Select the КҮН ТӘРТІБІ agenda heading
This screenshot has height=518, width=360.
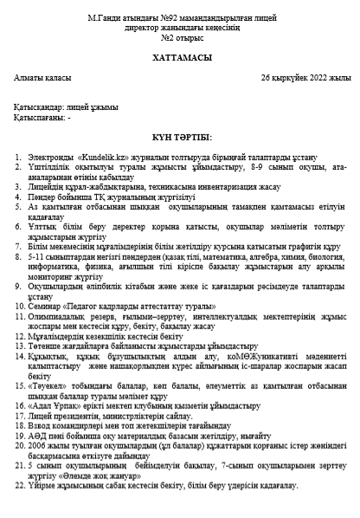pyautogui.click(x=180, y=137)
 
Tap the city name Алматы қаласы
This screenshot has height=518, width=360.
pyautogui.click(x=40, y=78)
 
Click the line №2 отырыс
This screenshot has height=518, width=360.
pyautogui.click(x=179, y=38)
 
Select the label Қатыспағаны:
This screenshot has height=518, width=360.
pyautogui.click(x=37, y=116)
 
